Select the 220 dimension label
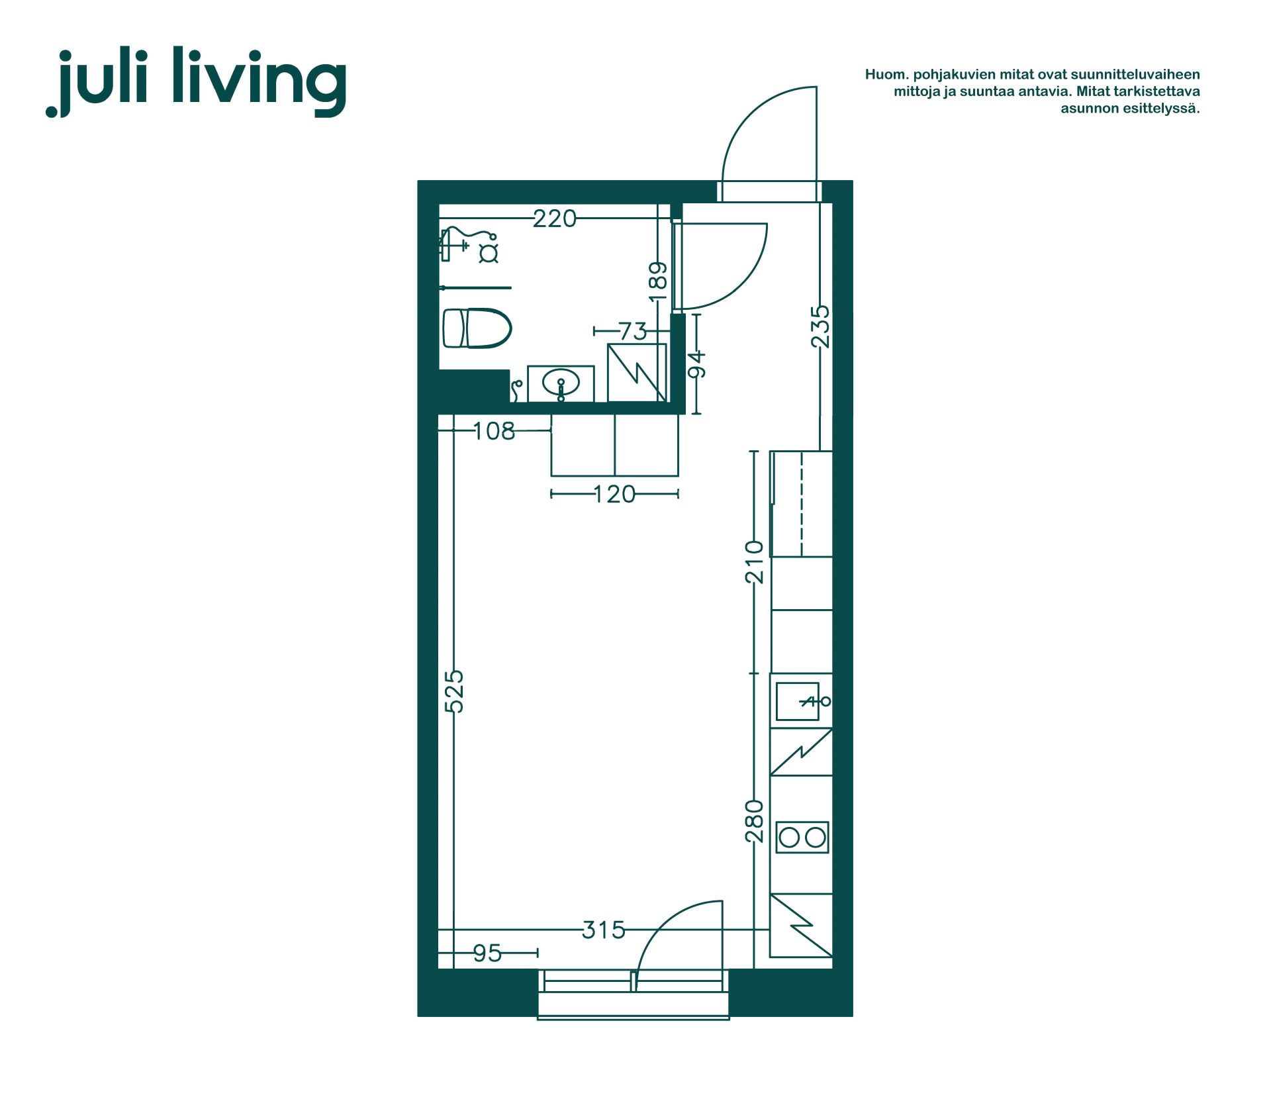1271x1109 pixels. [555, 218]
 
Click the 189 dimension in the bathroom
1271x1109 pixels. [658, 281]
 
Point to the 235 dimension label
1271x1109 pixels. [820, 326]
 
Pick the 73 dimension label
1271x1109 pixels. [633, 331]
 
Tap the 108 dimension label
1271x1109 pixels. [494, 431]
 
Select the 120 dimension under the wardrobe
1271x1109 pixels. [614, 494]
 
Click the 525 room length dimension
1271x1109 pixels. [454, 691]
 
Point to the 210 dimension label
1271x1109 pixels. [754, 562]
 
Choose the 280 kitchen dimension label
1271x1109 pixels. [754, 821]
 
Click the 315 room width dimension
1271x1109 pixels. [604, 930]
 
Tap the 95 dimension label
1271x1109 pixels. [488, 953]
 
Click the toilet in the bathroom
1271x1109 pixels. [477, 328]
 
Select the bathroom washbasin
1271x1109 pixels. [561, 383]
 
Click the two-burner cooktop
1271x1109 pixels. [802, 838]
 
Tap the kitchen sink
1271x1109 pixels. [798, 701]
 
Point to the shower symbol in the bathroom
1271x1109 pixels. [469, 245]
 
